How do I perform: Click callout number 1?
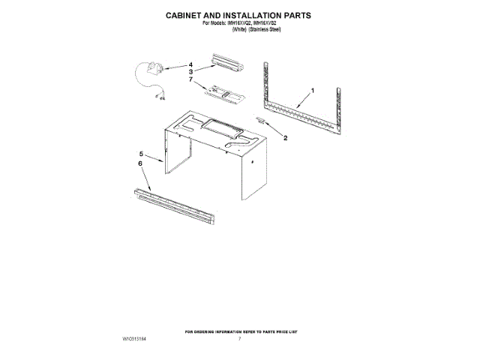(x=313, y=91)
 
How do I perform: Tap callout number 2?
(x=285, y=137)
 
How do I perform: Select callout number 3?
(x=191, y=71)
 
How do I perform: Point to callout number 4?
(x=191, y=64)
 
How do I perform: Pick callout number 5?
(x=140, y=154)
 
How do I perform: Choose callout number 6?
(x=140, y=163)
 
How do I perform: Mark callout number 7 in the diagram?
(x=191, y=79)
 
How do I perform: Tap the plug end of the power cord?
(x=160, y=95)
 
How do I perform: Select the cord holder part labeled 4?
(x=156, y=70)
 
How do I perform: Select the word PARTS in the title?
(x=292, y=14)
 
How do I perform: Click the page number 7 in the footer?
(x=239, y=339)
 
